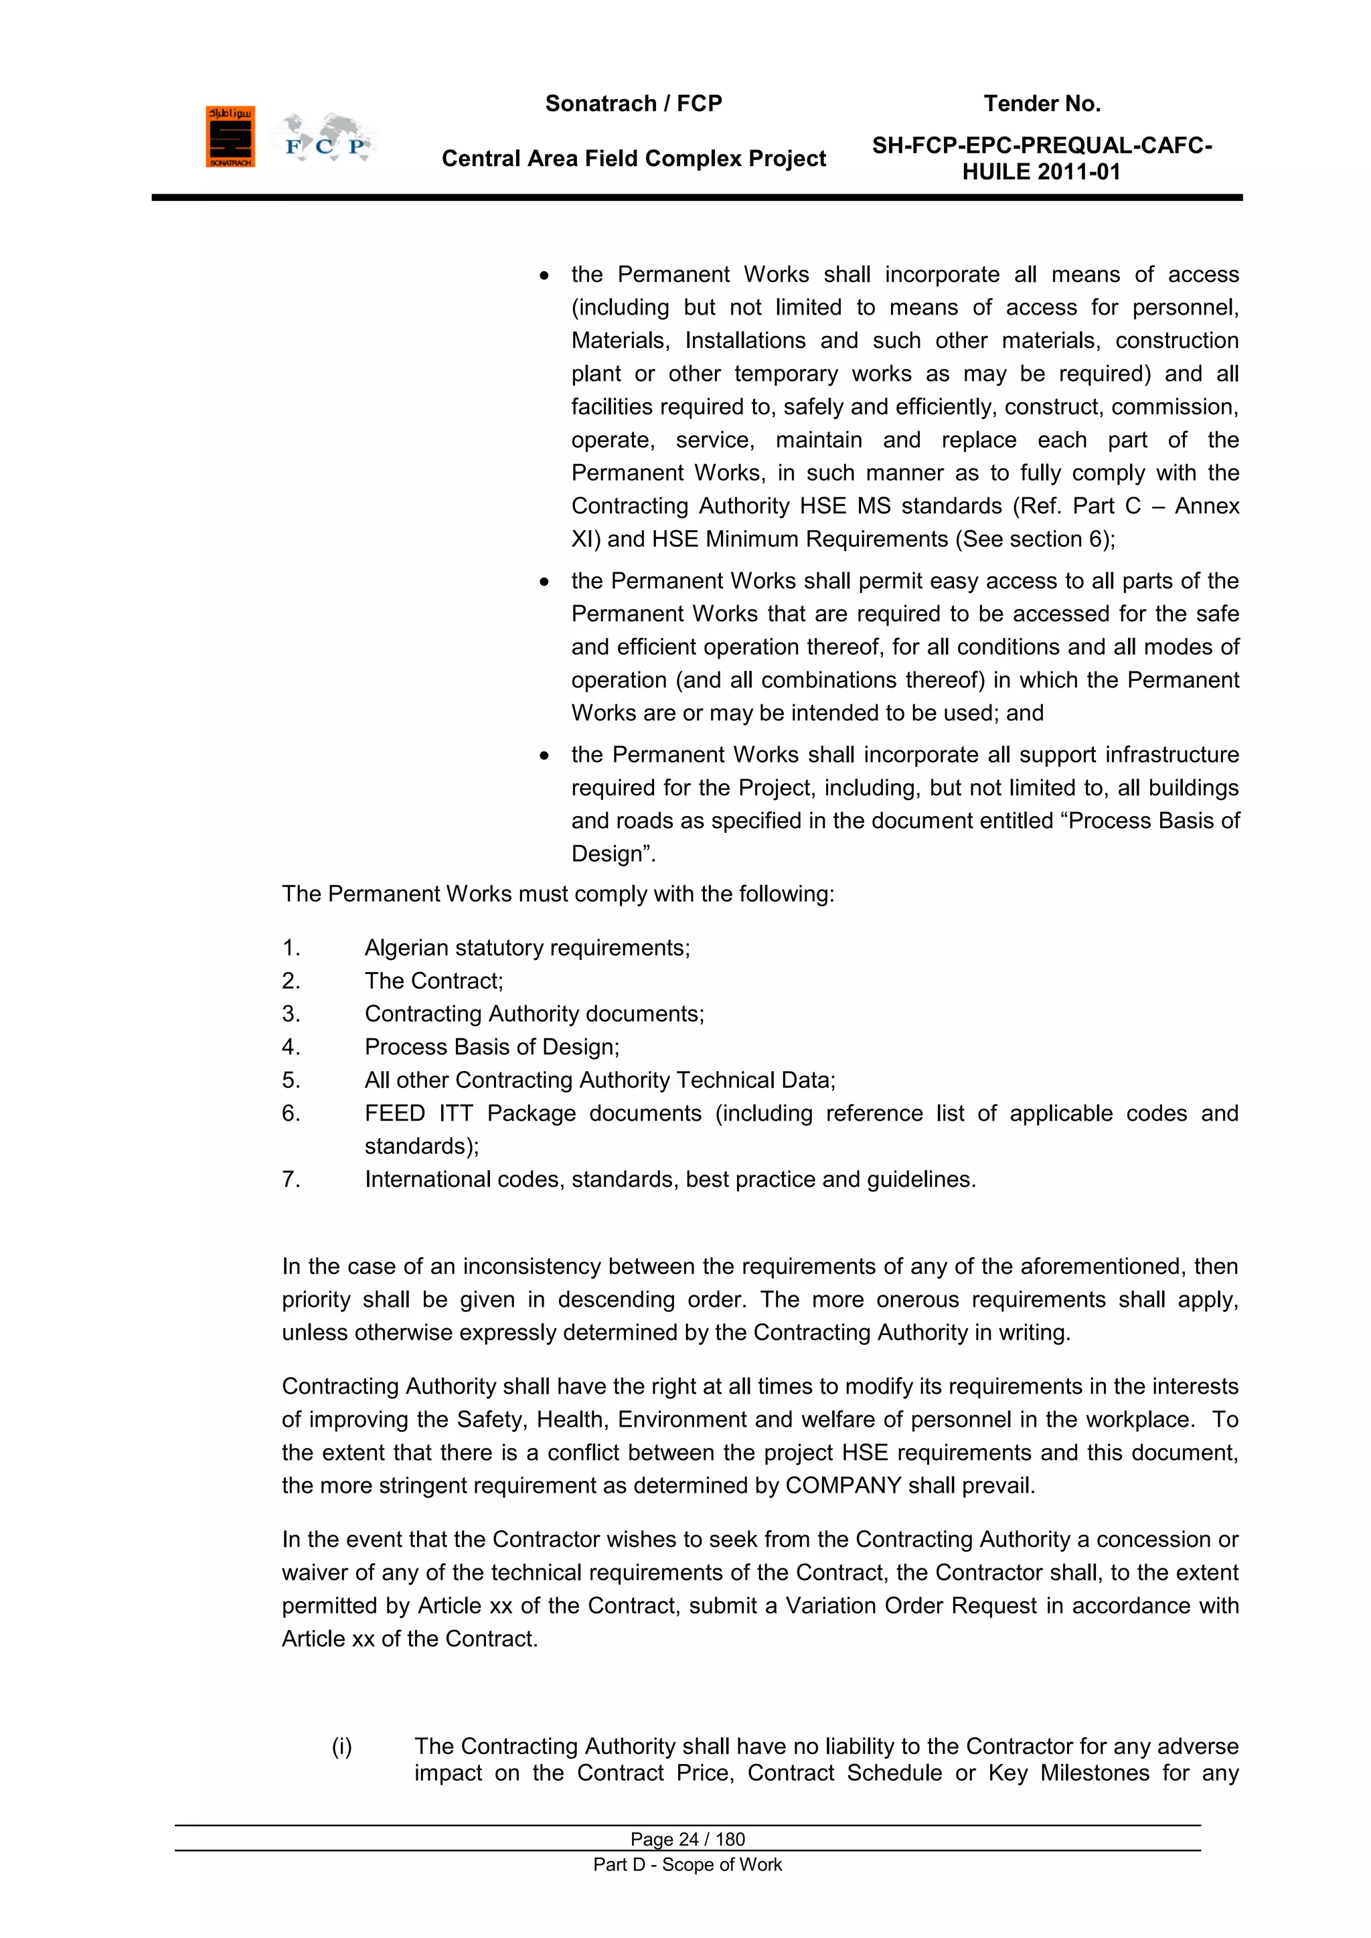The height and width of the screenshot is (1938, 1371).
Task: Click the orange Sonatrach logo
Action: (x=230, y=137)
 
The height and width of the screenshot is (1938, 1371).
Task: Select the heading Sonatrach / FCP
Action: (x=633, y=104)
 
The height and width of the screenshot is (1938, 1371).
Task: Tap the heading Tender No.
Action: (x=1041, y=104)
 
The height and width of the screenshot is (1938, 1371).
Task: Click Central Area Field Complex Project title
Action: (x=633, y=159)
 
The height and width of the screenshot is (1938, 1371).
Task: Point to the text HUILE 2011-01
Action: (x=1041, y=172)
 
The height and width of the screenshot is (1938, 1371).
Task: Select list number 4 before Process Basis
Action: (x=291, y=1048)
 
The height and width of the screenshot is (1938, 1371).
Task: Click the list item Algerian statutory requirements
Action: (x=527, y=948)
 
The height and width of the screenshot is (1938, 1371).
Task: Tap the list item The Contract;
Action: (x=433, y=981)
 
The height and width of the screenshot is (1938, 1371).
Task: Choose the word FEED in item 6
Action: (x=394, y=1113)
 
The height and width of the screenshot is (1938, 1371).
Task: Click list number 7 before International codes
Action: (x=291, y=1179)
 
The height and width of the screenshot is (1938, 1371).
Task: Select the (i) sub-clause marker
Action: (x=341, y=1747)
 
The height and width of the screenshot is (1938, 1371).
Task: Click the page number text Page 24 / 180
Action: (x=688, y=1839)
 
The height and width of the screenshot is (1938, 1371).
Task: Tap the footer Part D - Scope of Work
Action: (x=688, y=1864)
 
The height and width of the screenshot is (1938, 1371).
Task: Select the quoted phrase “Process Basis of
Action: (x=1153, y=821)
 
